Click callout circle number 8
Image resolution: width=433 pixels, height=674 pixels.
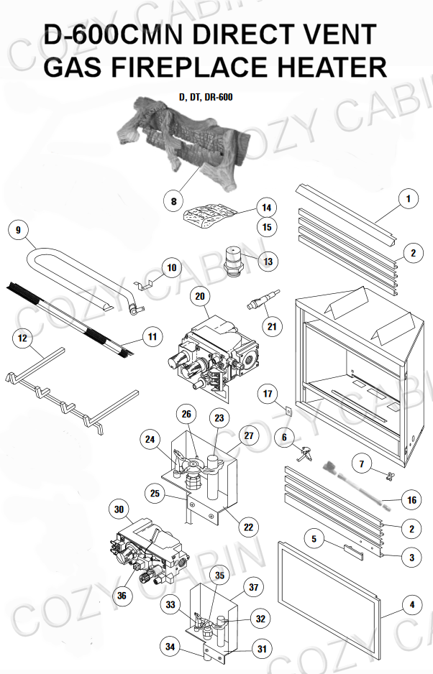tap(173, 200)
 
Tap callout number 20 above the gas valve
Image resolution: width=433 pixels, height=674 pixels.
tap(200, 296)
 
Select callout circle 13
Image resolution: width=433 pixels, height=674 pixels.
tap(268, 262)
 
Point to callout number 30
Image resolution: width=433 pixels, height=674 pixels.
tap(119, 509)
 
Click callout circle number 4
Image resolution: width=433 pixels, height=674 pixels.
tap(412, 605)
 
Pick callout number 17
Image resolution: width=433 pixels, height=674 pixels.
tap(268, 393)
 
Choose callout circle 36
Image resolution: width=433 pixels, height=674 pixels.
tap(122, 596)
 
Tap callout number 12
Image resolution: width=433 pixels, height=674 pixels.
tap(22, 338)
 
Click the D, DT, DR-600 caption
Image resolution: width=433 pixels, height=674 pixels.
tap(206, 97)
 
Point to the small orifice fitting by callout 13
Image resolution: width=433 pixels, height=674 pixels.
tap(234, 259)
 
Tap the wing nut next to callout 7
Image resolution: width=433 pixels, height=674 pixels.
tap(390, 475)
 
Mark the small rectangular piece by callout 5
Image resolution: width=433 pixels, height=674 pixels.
tap(353, 552)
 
